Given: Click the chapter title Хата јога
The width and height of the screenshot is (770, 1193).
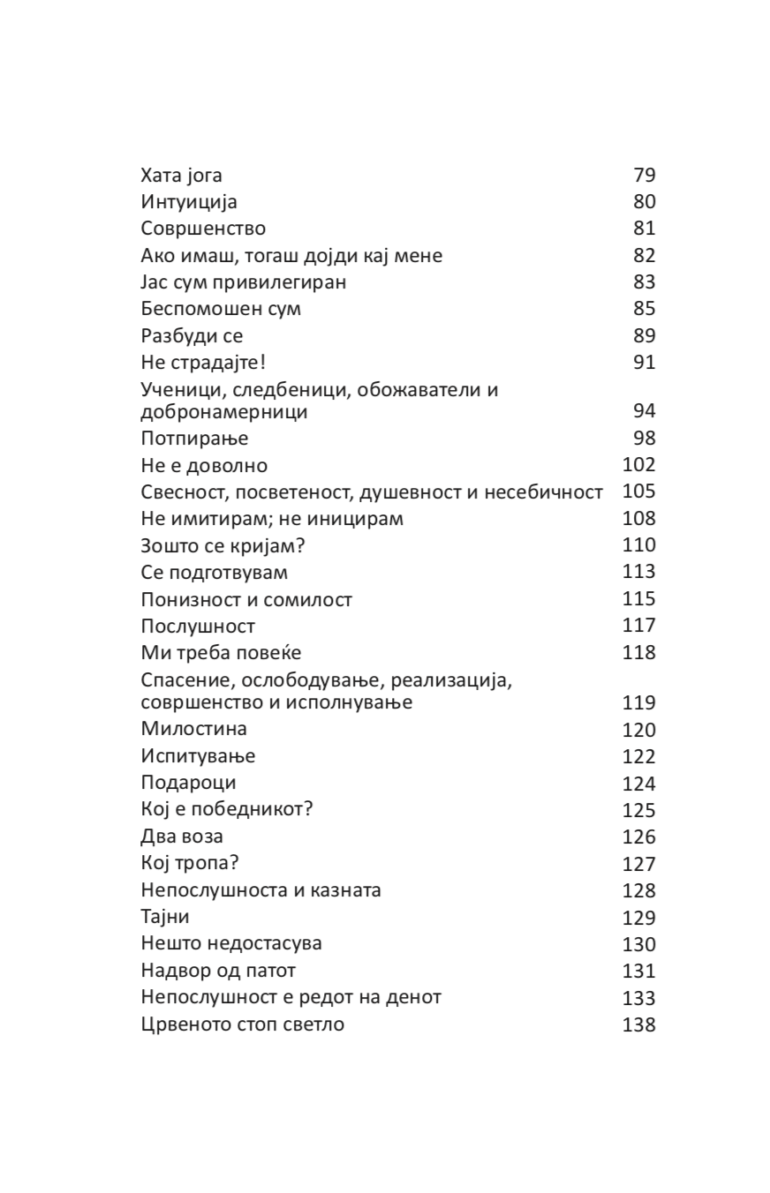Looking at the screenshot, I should tap(181, 175).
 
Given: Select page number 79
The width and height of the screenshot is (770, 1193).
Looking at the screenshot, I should tap(645, 175).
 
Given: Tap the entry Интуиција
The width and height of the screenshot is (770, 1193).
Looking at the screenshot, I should tap(189, 202).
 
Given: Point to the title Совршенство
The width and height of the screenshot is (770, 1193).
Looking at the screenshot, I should tap(203, 229).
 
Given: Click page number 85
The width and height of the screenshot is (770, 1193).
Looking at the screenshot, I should tap(645, 309).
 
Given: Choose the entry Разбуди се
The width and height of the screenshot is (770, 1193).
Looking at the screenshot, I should tap(192, 335).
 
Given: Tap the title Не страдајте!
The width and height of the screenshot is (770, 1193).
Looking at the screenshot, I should tap(203, 362).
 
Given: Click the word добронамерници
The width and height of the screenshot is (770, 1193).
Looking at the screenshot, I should tap(224, 412).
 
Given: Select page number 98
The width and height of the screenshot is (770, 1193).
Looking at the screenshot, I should tap(645, 439).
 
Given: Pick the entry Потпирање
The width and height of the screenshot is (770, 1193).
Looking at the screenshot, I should tap(194, 439).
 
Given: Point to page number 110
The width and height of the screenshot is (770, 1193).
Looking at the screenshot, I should tap(639, 545).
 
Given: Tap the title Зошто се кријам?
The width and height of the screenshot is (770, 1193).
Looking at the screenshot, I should tap(223, 545).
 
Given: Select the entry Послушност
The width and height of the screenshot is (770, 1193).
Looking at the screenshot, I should tap(198, 626).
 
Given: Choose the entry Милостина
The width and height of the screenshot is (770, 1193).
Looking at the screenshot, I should tap(193, 729).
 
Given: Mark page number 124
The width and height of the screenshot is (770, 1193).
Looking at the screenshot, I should tap(639, 784).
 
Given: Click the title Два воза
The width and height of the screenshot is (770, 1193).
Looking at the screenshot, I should tap(182, 837).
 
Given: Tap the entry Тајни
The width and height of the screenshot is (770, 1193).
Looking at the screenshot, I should tap(165, 917).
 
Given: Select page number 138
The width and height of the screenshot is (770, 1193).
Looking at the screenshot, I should tap(639, 1024).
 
